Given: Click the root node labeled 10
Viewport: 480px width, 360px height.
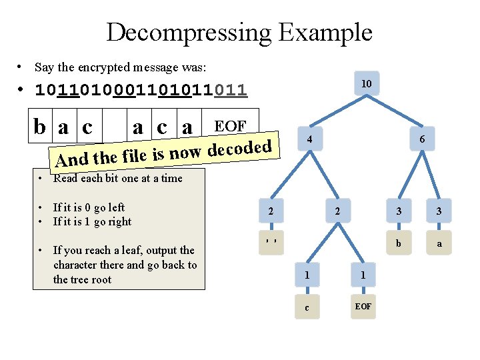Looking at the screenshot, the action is (366, 84).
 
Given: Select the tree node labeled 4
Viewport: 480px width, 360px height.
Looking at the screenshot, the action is (309, 139).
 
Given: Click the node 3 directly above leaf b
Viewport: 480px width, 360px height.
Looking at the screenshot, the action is (398, 211).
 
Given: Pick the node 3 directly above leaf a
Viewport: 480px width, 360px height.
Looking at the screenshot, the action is (439, 211).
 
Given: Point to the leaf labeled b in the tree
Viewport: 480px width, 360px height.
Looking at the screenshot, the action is (398, 243).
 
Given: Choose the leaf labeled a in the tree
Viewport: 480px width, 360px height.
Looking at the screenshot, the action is (439, 243).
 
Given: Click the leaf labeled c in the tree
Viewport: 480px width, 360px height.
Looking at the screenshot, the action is (306, 307).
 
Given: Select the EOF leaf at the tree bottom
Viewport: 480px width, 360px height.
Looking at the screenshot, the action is (363, 307).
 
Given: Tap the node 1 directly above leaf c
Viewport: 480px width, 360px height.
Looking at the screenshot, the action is (306, 275).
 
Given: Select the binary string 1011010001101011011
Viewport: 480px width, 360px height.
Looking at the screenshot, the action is (141, 89).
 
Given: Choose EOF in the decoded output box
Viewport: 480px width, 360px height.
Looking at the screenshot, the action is (229, 125).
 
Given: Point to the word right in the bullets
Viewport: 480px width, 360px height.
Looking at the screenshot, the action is (119, 221).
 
